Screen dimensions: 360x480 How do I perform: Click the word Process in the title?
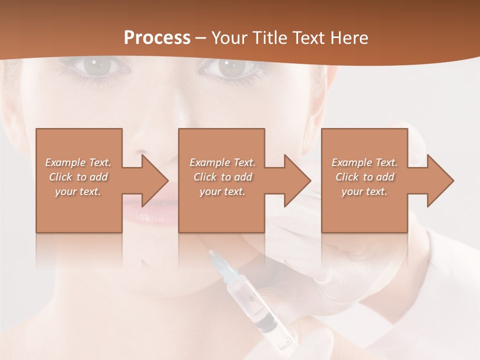pos(157,38)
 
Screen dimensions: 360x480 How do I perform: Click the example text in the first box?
pos(78,177)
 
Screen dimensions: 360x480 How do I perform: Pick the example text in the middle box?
pos(222,177)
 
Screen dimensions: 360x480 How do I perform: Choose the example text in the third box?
pos(364,177)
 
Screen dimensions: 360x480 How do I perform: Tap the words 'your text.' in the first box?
pos(78,191)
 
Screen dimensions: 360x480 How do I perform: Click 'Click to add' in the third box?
pos(364,177)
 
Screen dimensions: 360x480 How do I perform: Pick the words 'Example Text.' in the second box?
pos(222,162)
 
